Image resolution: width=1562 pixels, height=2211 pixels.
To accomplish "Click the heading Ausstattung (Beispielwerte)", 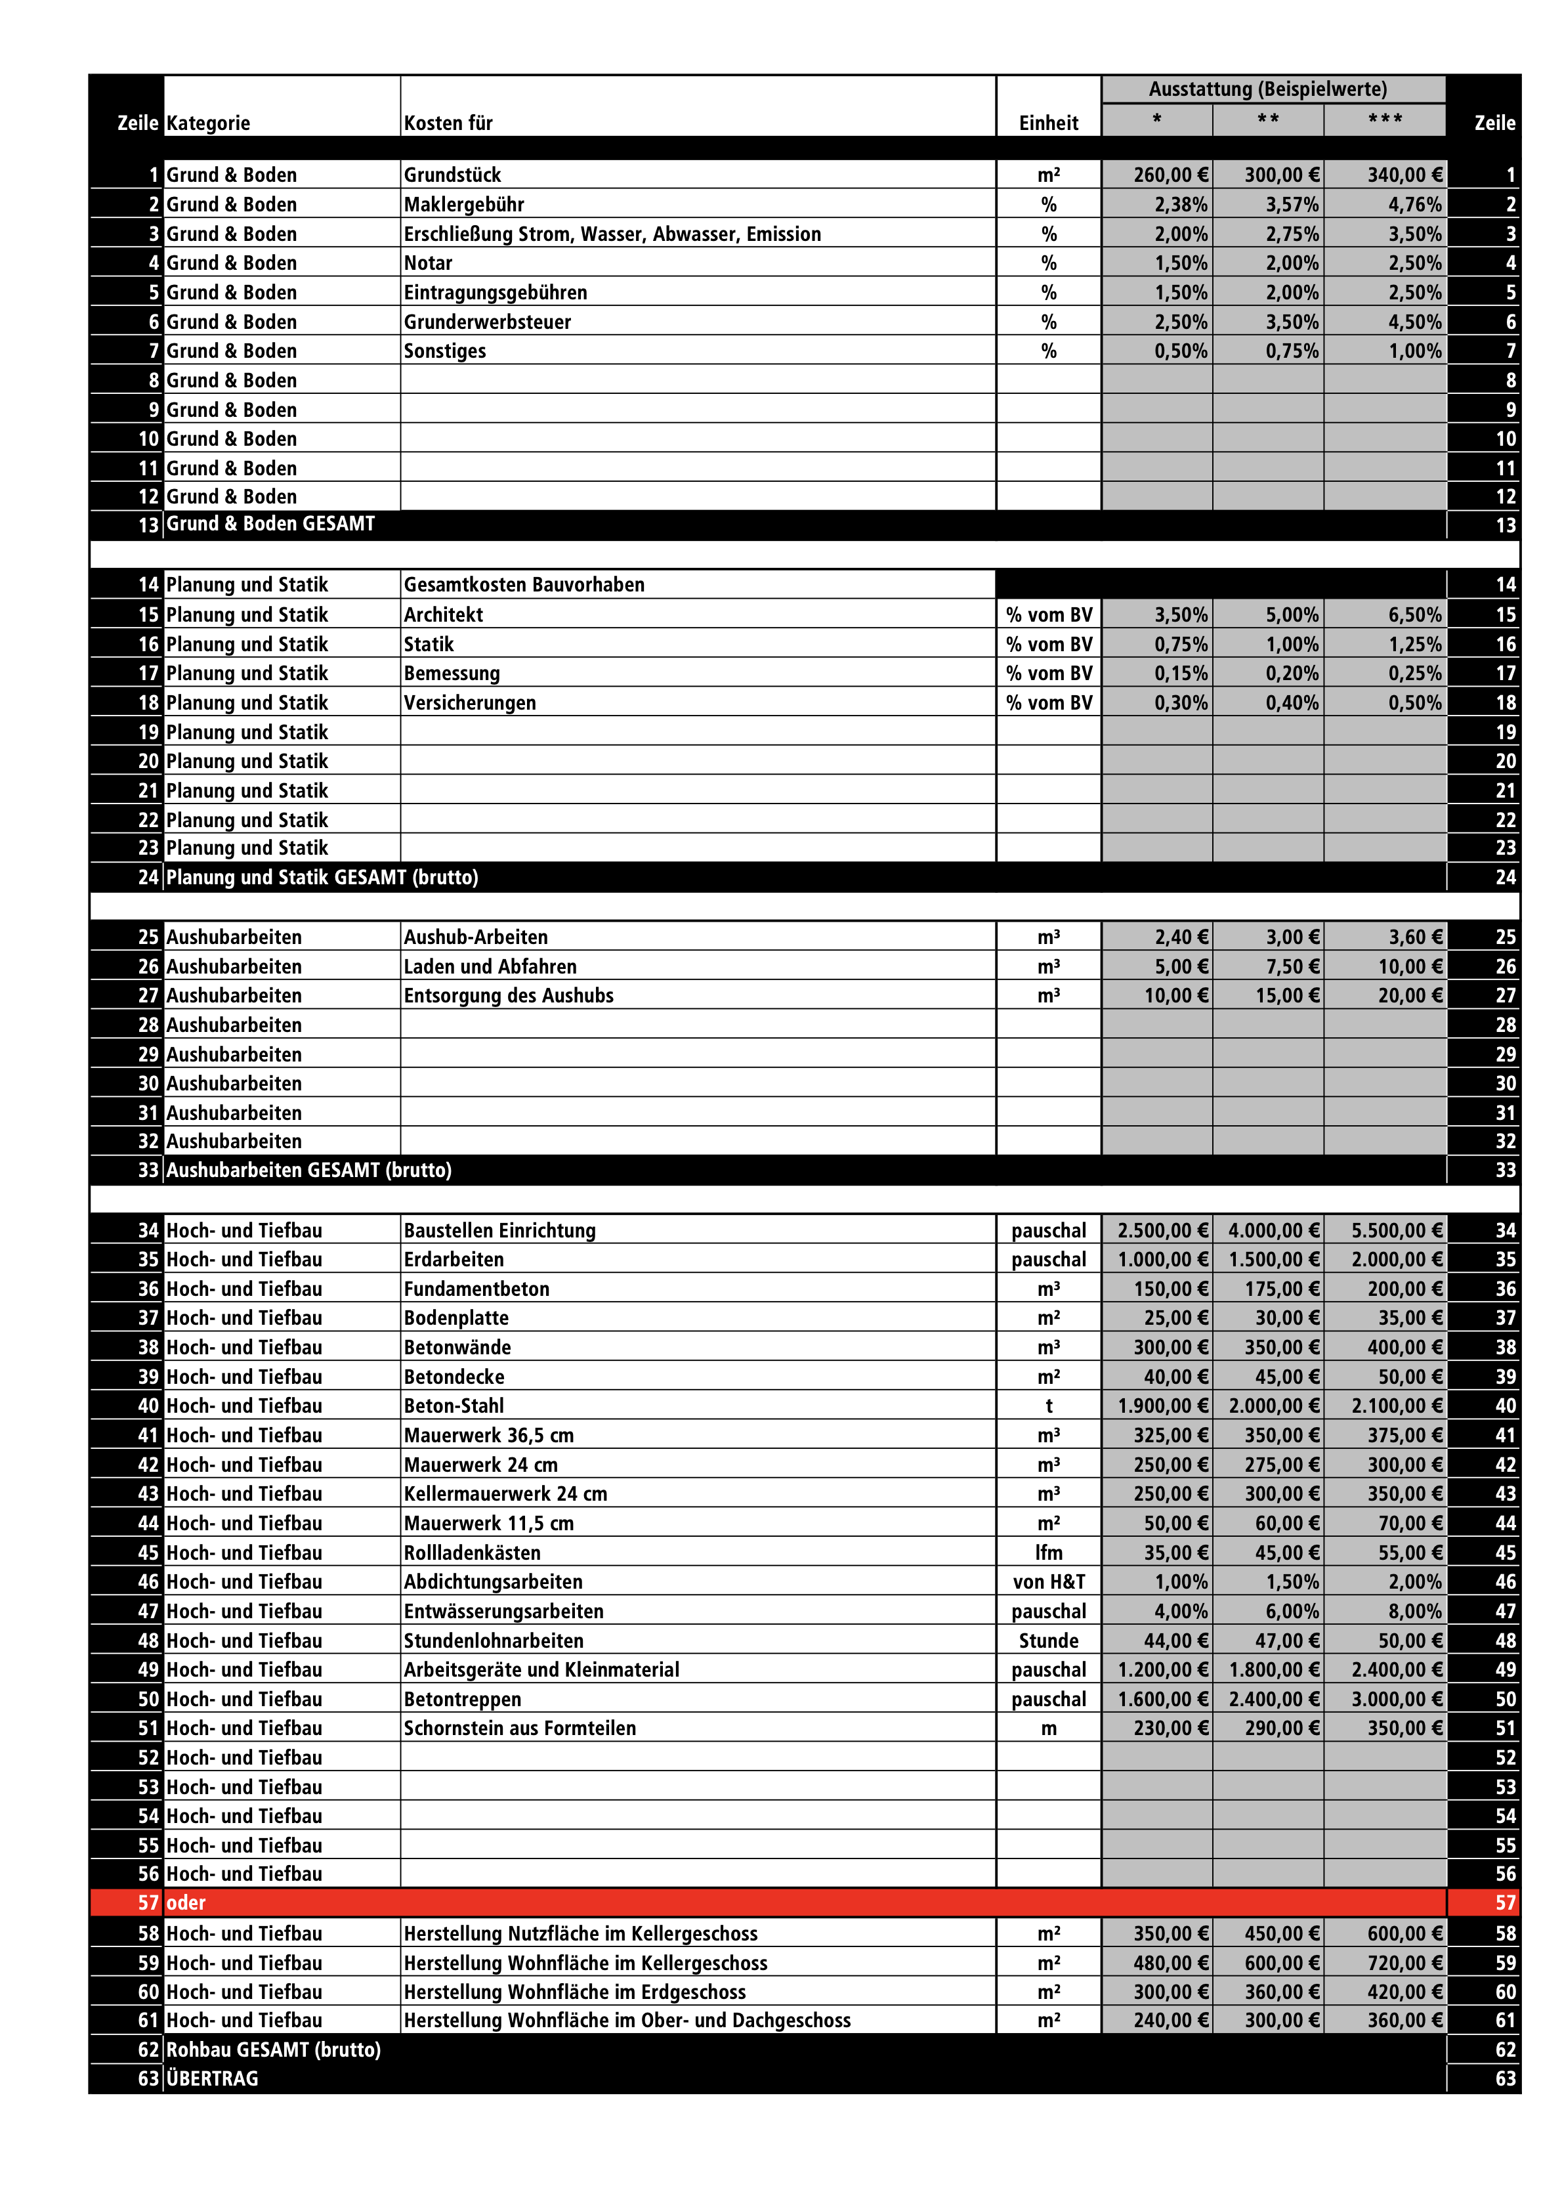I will (1267, 89).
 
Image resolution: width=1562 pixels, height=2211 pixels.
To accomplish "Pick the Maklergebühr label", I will (463, 204).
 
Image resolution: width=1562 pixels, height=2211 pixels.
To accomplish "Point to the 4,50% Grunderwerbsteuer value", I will (1414, 322).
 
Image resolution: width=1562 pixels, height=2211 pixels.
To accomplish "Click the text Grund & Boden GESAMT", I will (270, 524).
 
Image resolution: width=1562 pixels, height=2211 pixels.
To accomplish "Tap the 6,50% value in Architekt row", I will (1414, 614).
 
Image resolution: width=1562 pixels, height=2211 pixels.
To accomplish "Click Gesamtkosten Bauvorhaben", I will (524, 584).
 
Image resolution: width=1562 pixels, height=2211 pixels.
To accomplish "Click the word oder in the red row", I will (186, 1902).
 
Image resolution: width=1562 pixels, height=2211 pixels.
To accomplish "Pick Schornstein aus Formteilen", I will (520, 1728).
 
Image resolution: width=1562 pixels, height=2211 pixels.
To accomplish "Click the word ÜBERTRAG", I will (212, 2078).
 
